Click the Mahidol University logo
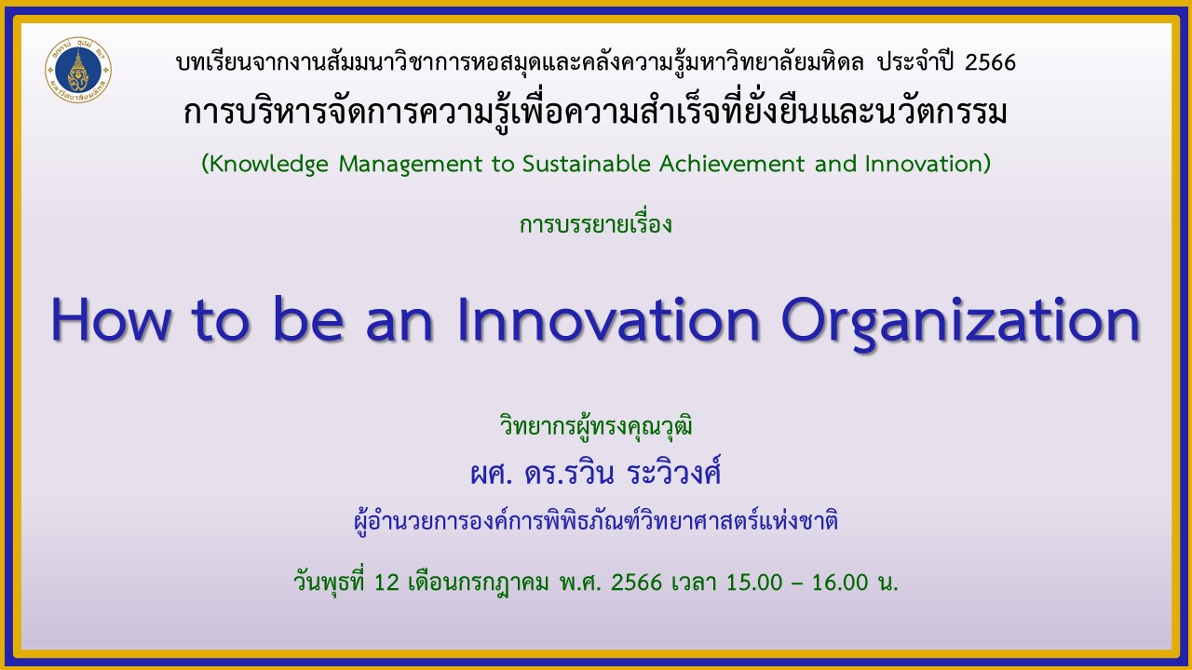[78, 70]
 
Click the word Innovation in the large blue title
[608, 319]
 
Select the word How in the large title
[111, 319]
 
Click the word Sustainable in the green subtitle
[587, 163]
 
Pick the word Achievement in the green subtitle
[732, 163]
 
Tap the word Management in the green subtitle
[411, 165]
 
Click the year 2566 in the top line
[990, 62]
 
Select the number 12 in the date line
[386, 583]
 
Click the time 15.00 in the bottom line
[754, 583]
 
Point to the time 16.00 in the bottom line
[840, 583]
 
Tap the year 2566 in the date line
[636, 583]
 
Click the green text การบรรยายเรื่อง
[595, 224]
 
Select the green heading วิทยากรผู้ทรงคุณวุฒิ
[596, 427]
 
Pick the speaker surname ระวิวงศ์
[673, 471]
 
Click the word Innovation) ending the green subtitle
[928, 165]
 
